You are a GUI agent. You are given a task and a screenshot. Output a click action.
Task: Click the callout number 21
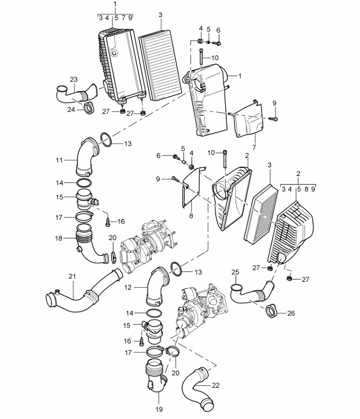coord(72,276)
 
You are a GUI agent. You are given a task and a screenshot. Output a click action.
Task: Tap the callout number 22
coord(216,385)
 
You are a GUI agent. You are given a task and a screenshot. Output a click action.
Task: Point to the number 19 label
coord(159,409)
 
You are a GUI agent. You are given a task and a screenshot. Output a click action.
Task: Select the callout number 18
coord(58,238)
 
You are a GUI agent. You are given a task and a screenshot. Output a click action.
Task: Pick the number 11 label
coord(59,160)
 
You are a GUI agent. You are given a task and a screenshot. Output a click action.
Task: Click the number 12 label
coord(128,287)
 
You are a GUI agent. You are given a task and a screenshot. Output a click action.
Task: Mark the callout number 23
coord(74,79)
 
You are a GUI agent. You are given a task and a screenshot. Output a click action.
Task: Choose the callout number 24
coord(71,109)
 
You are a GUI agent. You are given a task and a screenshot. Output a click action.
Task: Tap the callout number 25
coord(235,272)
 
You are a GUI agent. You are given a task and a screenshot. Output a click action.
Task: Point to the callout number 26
coord(291,313)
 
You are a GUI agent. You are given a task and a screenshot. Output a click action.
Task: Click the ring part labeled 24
coord(89,108)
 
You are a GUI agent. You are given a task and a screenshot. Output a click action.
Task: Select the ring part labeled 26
coord(273,311)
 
